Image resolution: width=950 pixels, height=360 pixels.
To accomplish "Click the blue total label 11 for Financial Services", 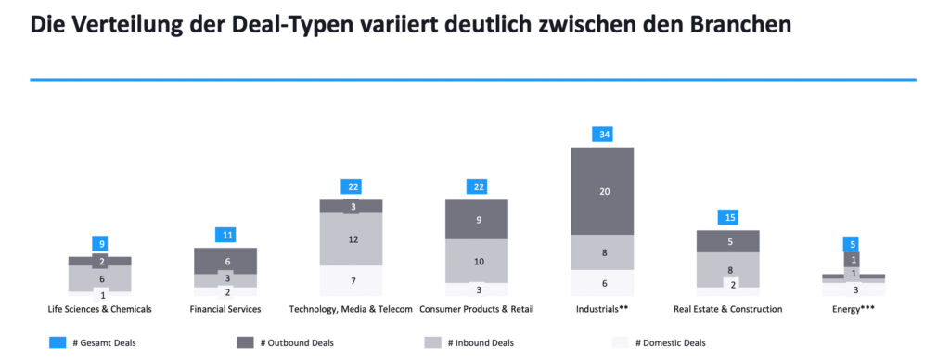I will click(x=225, y=235).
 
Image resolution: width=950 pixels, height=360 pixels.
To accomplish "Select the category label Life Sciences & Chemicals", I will click(x=99, y=308).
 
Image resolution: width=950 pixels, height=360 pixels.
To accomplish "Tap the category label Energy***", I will click(x=854, y=308).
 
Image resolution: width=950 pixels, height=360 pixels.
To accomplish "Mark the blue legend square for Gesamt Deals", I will click(x=57, y=342).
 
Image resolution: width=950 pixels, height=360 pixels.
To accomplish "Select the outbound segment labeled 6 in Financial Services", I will click(x=225, y=262).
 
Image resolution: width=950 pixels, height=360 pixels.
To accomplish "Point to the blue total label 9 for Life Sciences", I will click(x=99, y=244).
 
